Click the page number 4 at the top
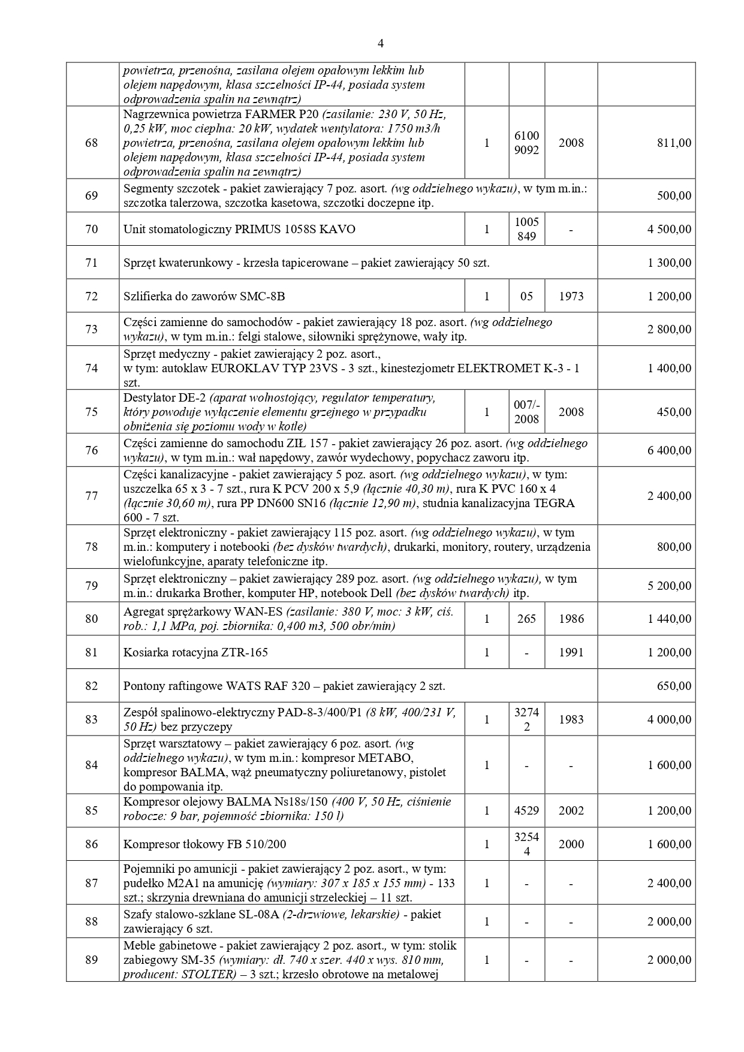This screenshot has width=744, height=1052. pyautogui.click(x=381, y=43)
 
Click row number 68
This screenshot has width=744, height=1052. pyautogui.click(x=92, y=143)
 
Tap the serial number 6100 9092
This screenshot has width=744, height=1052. pyautogui.click(x=526, y=143)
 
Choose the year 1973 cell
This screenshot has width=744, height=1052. pyautogui.click(x=571, y=296)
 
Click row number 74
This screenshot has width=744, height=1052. pyautogui.click(x=92, y=368)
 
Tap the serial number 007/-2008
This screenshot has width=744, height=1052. pyautogui.click(x=526, y=412)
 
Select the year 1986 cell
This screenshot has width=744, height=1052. pyautogui.click(x=571, y=619)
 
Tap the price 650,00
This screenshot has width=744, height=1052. pyautogui.click(x=674, y=686)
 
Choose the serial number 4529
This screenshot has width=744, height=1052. pyautogui.click(x=526, y=811)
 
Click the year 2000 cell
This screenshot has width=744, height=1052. pyautogui.click(x=571, y=845)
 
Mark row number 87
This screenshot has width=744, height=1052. pyautogui.click(x=92, y=884)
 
